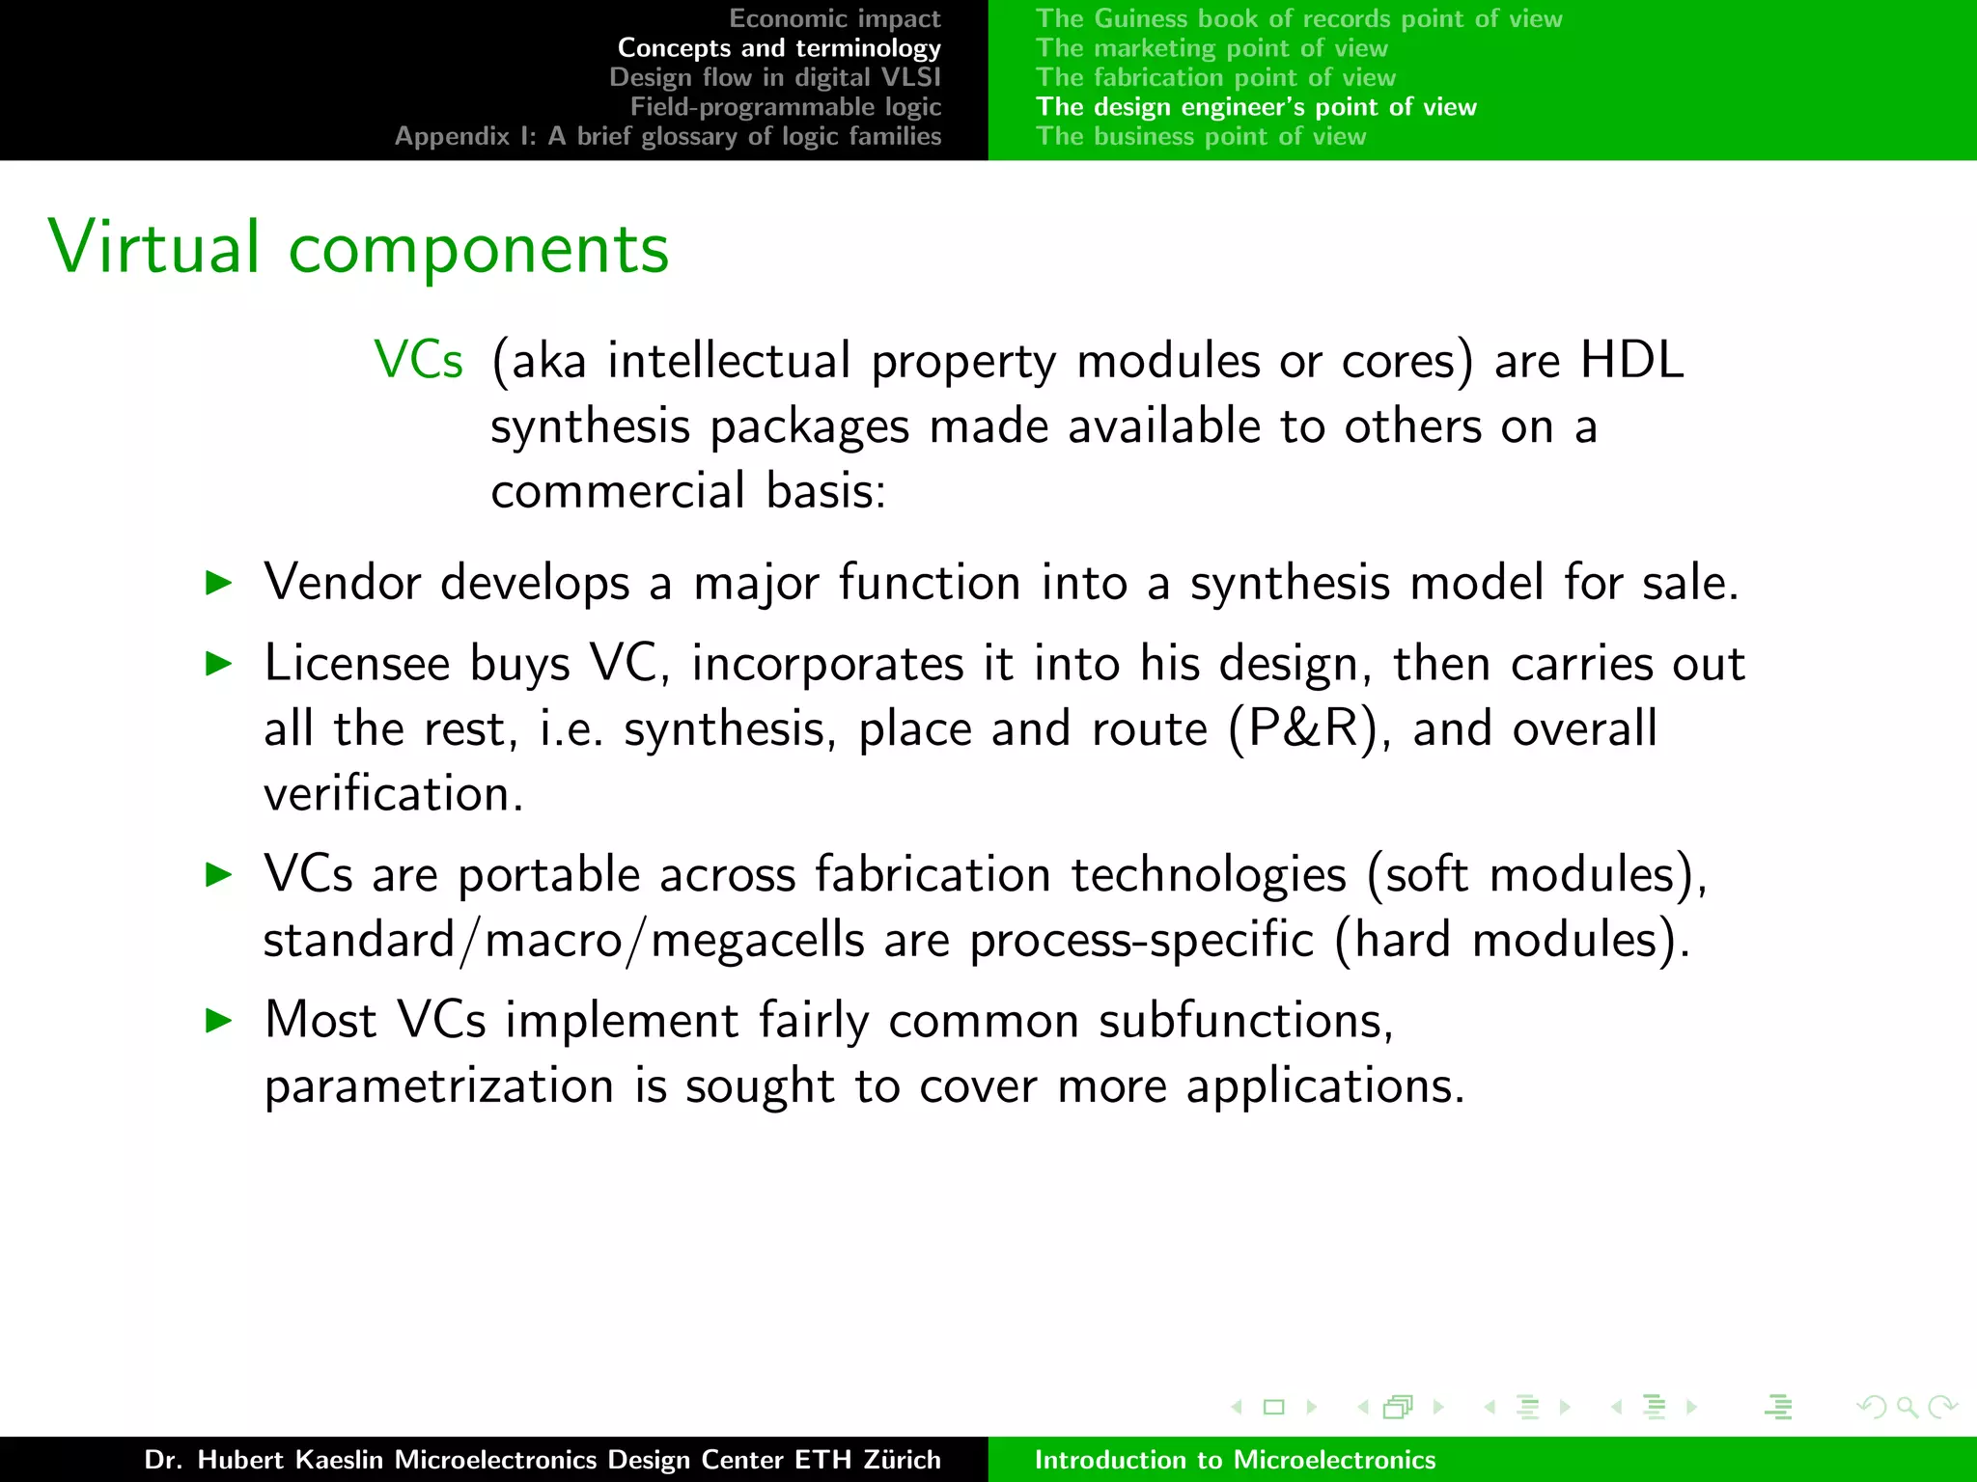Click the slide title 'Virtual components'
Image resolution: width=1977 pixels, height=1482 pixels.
pyautogui.click(x=358, y=248)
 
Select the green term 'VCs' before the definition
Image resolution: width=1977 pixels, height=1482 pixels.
pyautogui.click(x=419, y=361)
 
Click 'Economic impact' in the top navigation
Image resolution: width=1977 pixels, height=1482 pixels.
pyautogui.click(x=834, y=18)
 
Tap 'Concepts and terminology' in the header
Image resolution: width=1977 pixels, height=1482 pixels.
pyautogui.click(x=778, y=48)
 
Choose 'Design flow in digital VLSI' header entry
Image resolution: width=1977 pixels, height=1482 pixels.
pyautogui.click(x=774, y=77)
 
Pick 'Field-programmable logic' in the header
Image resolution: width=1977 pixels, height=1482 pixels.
pyautogui.click(x=785, y=107)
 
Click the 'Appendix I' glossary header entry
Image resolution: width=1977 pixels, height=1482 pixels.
pyautogui.click(x=667, y=136)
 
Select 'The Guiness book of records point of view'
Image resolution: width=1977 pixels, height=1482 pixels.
pyautogui.click(x=1298, y=18)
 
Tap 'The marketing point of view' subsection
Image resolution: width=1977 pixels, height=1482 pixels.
pyautogui.click(x=1211, y=48)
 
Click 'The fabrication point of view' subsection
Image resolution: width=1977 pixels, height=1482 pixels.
pyautogui.click(x=1215, y=77)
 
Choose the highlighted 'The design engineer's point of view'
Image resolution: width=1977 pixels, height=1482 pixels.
pyautogui.click(x=1256, y=107)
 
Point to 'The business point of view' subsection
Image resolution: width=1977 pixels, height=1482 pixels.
pyautogui.click(x=1201, y=136)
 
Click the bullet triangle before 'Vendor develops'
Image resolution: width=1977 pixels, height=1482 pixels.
pyautogui.click(x=220, y=583)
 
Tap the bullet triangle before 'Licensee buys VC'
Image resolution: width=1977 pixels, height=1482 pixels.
pyautogui.click(x=220, y=664)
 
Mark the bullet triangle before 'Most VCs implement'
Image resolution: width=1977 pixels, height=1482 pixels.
pyautogui.click(x=220, y=1020)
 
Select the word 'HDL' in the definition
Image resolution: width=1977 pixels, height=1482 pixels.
pyautogui.click(x=1631, y=361)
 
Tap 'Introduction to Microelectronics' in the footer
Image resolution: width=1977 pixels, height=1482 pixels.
pyautogui.click(x=1235, y=1460)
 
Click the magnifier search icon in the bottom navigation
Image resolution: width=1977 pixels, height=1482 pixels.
pyautogui.click(x=1907, y=1407)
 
